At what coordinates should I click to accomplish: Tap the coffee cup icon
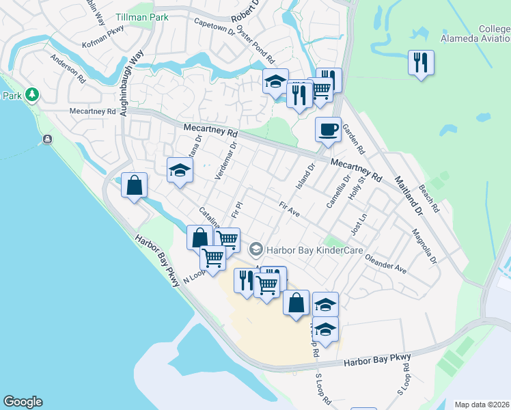[x=329, y=129]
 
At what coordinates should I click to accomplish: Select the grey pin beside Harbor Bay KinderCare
[x=257, y=249]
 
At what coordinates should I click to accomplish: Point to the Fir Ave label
[x=290, y=209]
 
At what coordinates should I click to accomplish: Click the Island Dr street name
[x=304, y=177]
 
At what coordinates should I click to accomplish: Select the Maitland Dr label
[x=409, y=196]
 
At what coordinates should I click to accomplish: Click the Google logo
[x=23, y=402]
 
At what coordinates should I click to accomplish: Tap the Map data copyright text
[x=482, y=405]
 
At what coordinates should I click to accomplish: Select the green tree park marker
[x=31, y=94]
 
